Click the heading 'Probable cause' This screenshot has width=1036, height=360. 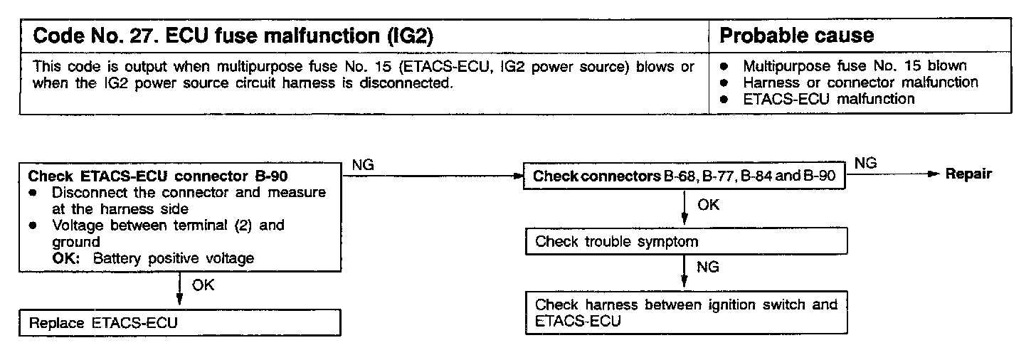(797, 35)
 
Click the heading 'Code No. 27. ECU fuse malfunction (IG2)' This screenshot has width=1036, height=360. (233, 35)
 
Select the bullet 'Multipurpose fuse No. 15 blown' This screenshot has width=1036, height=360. (855, 66)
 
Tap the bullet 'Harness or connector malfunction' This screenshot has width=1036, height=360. (860, 83)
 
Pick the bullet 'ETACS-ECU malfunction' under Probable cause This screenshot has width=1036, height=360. (829, 99)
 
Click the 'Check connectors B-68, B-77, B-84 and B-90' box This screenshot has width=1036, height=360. (684, 176)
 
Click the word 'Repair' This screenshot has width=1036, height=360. (968, 175)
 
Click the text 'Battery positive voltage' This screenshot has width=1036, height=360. (173, 258)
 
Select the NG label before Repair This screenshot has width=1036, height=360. (865, 164)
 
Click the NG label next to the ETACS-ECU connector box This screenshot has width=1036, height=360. (364, 165)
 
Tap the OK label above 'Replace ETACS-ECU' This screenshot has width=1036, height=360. (203, 285)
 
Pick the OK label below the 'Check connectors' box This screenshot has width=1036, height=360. (708, 205)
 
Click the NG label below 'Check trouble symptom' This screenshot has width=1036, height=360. (708, 268)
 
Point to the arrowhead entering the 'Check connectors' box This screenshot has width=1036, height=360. (518, 176)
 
